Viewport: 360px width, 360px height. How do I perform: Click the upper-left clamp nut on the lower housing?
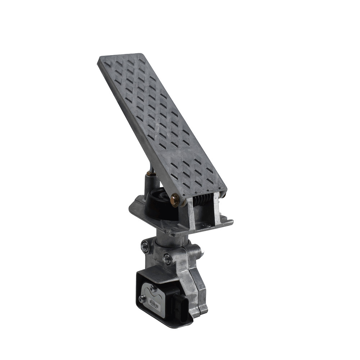click(x=145, y=246)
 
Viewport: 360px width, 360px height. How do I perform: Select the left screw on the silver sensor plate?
click(x=141, y=298)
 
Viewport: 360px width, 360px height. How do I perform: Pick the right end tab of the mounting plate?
click(x=228, y=220)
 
